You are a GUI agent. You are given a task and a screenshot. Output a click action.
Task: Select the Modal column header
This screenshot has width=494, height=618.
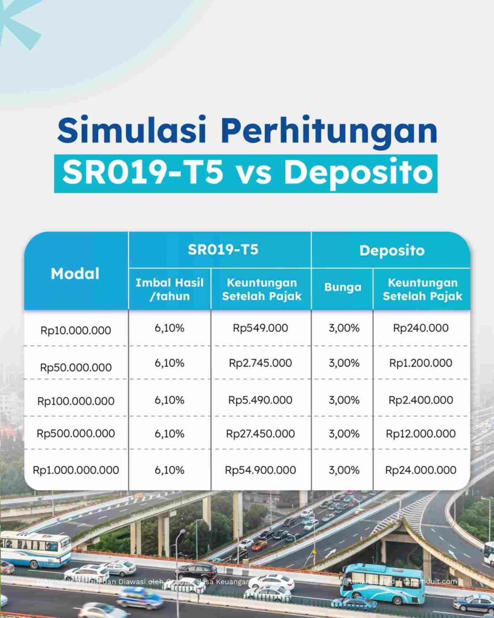point(75,273)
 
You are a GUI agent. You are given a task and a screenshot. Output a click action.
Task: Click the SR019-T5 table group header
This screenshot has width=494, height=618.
point(220,249)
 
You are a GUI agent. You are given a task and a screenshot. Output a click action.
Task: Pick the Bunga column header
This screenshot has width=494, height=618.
point(343,288)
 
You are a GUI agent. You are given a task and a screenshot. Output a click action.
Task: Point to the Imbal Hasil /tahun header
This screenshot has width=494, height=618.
point(169,288)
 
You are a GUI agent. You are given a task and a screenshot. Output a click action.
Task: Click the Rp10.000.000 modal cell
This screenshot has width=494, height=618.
point(76,330)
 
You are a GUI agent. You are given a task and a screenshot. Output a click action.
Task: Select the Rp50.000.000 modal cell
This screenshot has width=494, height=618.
point(76,368)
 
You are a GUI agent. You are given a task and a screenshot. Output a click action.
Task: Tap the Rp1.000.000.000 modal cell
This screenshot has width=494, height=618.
point(76,470)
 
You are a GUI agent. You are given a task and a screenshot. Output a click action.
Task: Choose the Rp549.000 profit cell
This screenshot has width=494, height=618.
point(261,328)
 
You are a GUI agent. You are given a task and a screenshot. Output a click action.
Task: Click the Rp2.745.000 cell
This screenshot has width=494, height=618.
point(261,363)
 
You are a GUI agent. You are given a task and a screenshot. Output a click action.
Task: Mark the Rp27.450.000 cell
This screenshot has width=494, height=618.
point(261,434)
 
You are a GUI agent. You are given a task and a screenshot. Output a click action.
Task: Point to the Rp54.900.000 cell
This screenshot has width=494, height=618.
point(261,470)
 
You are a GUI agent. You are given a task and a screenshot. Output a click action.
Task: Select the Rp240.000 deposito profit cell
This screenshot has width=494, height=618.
point(421,328)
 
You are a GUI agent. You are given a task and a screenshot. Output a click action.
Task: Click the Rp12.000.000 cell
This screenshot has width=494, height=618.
point(421,434)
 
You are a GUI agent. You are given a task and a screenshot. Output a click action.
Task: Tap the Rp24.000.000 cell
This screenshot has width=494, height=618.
point(421,470)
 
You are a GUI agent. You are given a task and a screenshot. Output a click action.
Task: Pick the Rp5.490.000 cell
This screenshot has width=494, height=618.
point(261,400)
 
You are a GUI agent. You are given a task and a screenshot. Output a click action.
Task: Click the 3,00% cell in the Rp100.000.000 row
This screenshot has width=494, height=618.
point(343,400)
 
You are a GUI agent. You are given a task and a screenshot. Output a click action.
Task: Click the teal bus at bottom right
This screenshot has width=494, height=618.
point(382,582)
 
